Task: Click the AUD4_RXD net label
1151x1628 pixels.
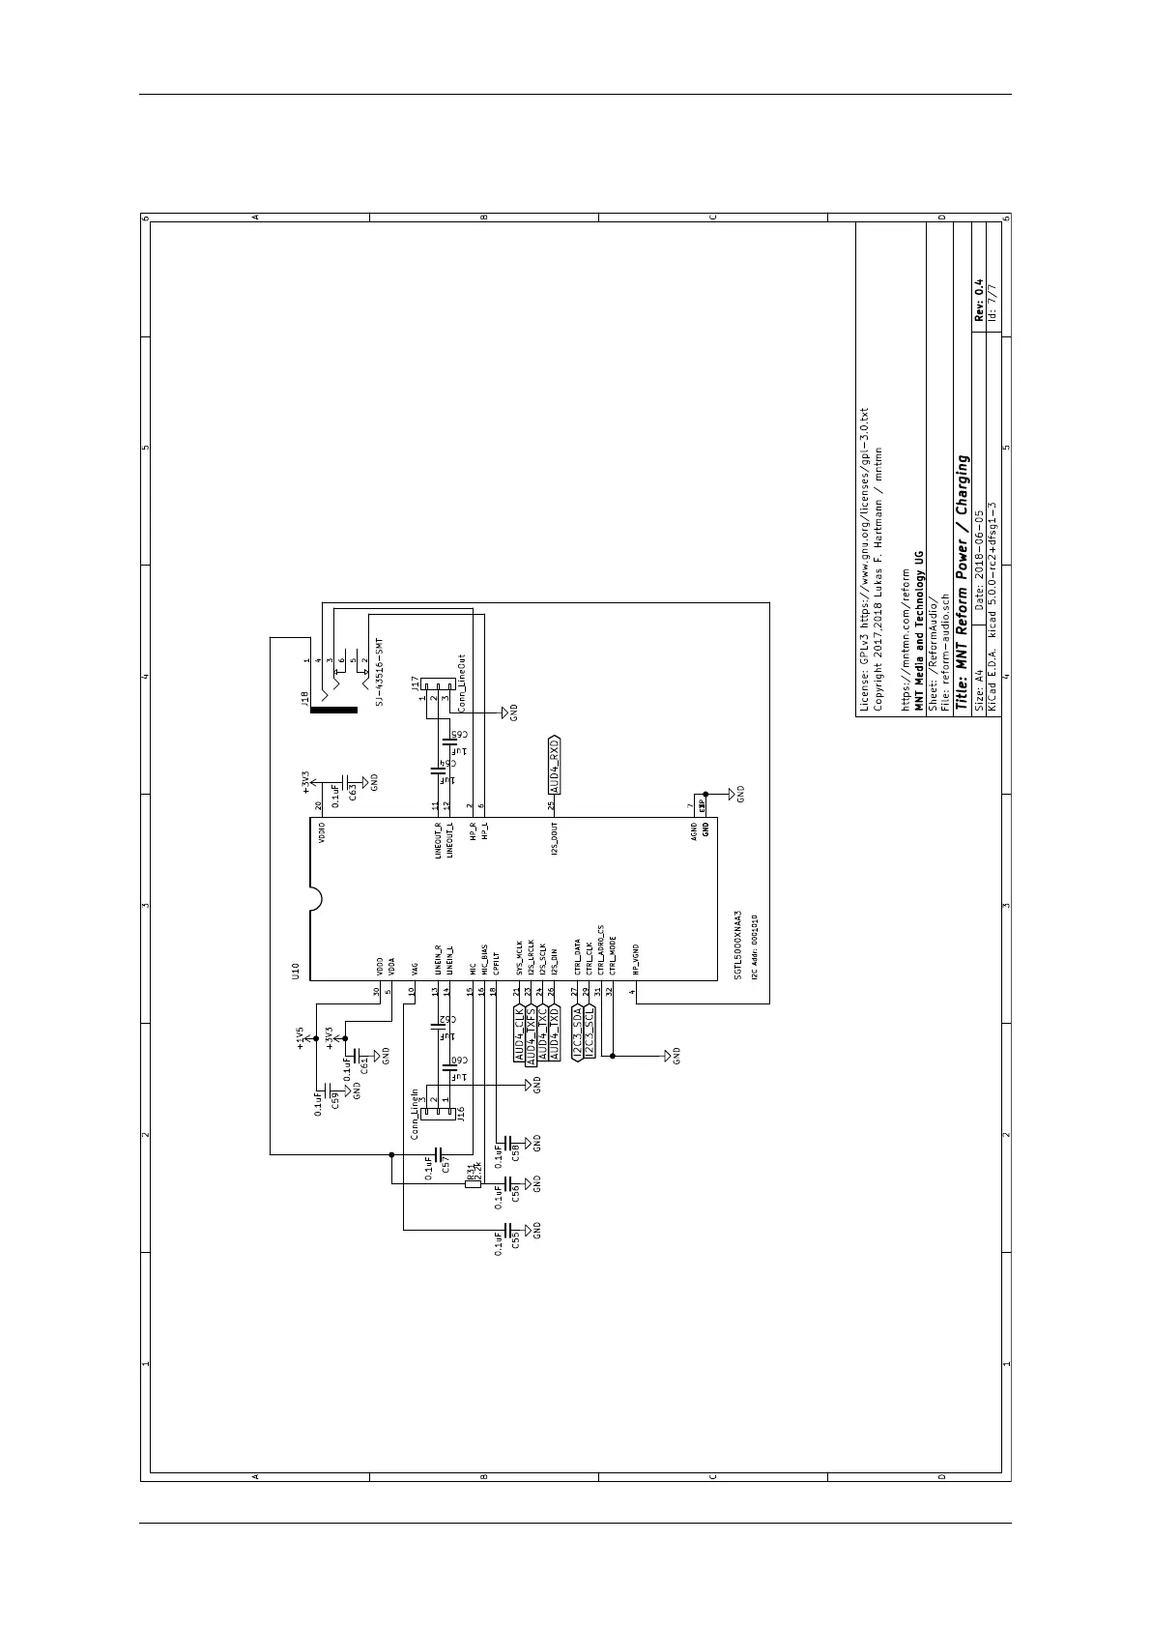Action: [554, 765]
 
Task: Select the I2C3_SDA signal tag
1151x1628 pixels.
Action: [577, 1033]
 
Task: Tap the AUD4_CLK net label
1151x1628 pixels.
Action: [519, 1034]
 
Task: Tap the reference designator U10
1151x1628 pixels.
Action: [296, 970]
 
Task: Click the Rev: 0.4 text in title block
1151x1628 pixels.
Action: [978, 300]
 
